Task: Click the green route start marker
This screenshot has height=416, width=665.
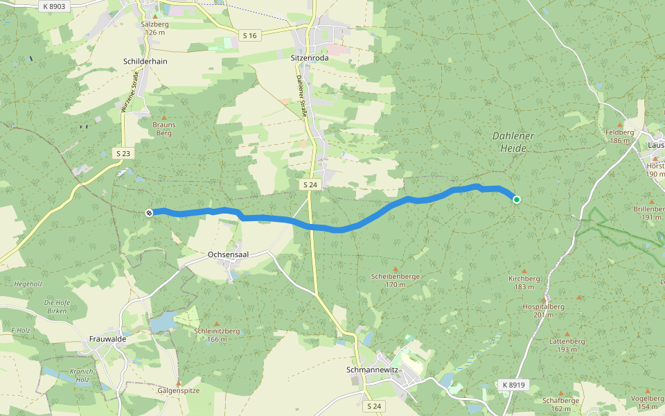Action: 517,200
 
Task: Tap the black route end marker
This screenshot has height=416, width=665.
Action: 149,212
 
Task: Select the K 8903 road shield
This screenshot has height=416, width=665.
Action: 53,6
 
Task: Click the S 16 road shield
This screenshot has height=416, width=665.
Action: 250,35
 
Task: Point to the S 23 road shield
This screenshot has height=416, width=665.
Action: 123,153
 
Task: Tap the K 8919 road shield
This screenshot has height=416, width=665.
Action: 513,385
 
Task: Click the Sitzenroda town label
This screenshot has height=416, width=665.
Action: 310,59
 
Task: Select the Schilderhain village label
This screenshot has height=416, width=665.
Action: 145,61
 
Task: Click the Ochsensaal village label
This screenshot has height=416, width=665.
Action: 228,254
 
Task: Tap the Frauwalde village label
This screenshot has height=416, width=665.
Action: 107,339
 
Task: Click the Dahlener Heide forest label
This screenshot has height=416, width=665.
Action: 513,141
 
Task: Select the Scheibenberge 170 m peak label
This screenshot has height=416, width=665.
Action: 396,280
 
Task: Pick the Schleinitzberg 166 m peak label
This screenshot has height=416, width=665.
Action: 217,335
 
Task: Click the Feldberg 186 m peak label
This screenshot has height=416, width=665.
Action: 620,136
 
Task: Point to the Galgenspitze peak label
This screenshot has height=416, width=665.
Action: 179,390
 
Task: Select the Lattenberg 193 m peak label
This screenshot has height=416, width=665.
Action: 567,345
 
